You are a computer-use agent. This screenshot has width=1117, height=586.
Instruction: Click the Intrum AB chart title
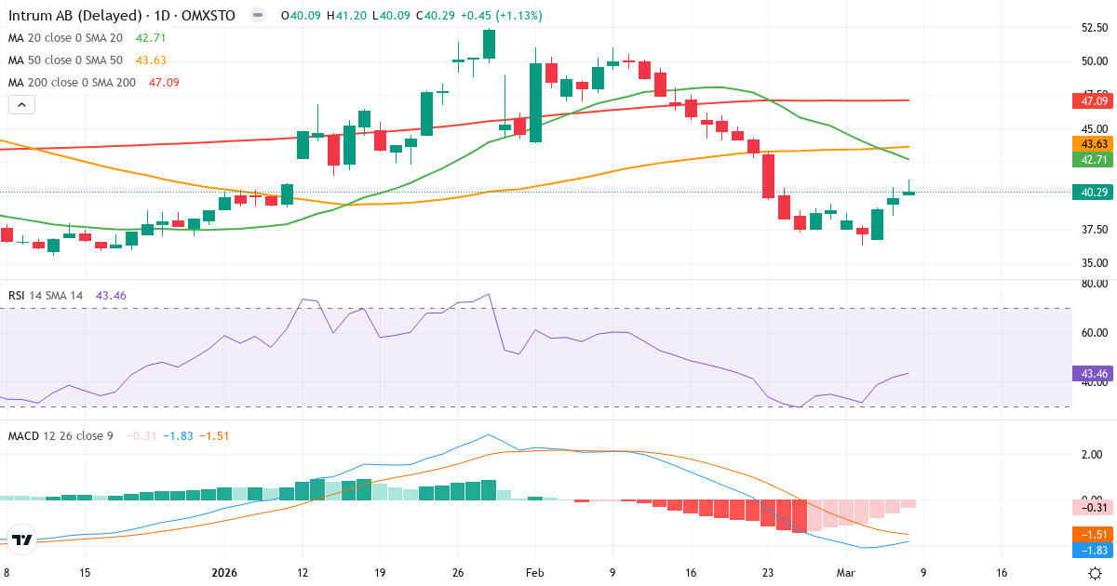pyautogui.click(x=121, y=16)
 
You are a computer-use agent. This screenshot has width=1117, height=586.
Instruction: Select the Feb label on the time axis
pyautogui.click(x=534, y=573)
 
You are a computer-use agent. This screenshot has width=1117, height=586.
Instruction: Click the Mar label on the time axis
pyautogui.click(x=845, y=573)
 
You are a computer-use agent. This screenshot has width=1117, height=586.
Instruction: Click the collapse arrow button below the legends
pyautogui.click(x=21, y=105)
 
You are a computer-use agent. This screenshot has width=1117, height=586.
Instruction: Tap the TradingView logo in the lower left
pyautogui.click(x=22, y=539)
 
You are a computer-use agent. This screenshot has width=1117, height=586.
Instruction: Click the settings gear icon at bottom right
pyautogui.click(x=1096, y=573)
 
